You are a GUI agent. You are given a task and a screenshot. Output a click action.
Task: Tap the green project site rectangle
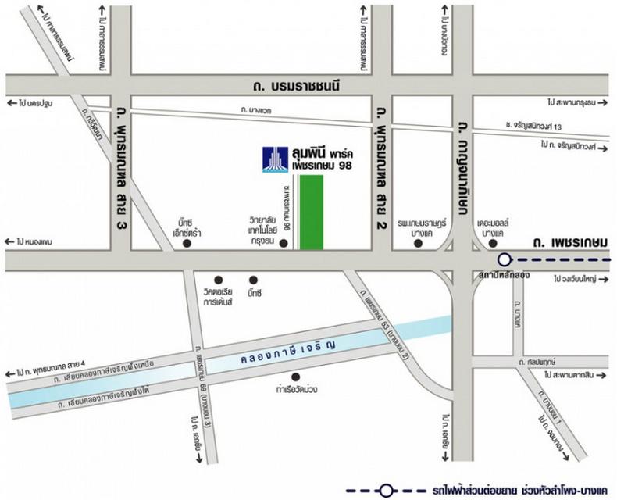312,212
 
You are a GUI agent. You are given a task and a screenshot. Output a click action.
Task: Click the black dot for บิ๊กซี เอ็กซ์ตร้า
186,245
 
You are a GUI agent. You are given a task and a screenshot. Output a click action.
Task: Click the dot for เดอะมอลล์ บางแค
497,245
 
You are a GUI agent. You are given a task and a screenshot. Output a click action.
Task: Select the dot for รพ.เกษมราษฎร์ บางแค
419,245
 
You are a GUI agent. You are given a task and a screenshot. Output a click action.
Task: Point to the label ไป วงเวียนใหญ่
579,278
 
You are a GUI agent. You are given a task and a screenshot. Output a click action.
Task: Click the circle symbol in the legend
384,491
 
